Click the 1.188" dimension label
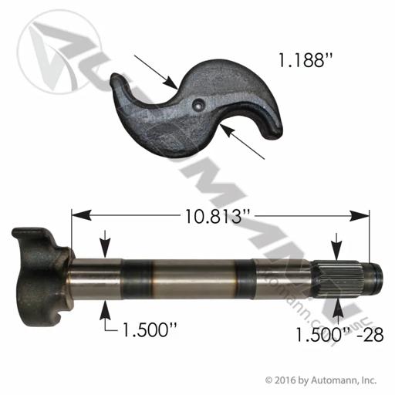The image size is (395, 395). click(306, 61)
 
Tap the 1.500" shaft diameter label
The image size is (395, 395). click(150, 329)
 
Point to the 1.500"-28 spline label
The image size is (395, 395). click(340, 335)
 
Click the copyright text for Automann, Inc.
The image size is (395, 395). click(321, 380)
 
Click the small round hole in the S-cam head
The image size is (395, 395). click(198, 105)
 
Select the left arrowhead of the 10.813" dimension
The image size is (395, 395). click(81, 215)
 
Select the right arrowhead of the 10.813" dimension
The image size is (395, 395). click(359, 215)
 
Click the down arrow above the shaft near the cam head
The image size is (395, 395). click(105, 244)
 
